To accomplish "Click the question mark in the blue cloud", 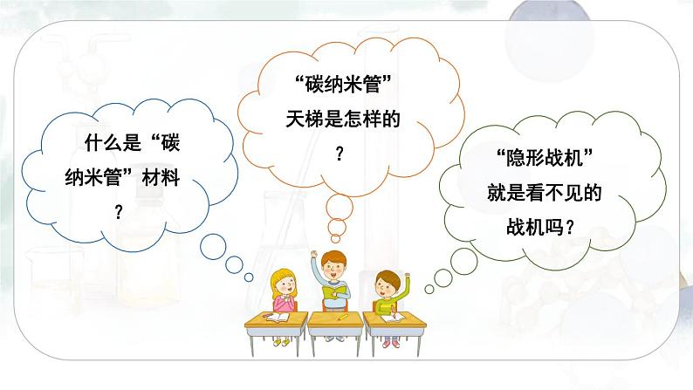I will [119, 211].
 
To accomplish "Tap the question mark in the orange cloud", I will [340, 152].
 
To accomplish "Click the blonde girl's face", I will [285, 284].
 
